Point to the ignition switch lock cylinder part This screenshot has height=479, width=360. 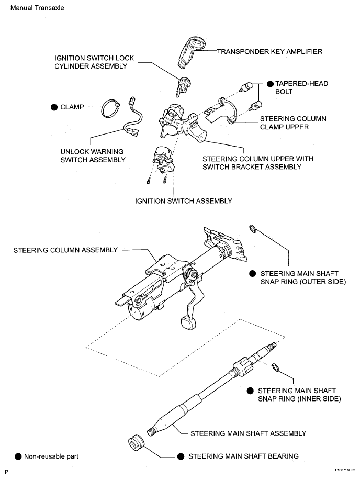[184, 85]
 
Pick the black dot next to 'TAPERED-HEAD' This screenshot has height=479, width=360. [270, 83]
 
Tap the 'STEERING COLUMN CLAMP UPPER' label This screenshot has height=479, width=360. [293, 122]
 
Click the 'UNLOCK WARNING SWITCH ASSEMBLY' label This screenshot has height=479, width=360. [93, 155]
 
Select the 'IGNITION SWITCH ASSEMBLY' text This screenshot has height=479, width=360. [183, 200]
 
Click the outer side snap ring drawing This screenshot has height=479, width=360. [252, 228]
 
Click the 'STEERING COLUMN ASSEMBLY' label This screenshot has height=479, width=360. [65, 250]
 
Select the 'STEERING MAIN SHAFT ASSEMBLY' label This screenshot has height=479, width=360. [248, 433]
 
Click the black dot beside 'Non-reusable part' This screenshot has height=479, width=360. [18, 456]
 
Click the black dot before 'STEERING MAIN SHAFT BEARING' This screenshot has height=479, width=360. [181, 456]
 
